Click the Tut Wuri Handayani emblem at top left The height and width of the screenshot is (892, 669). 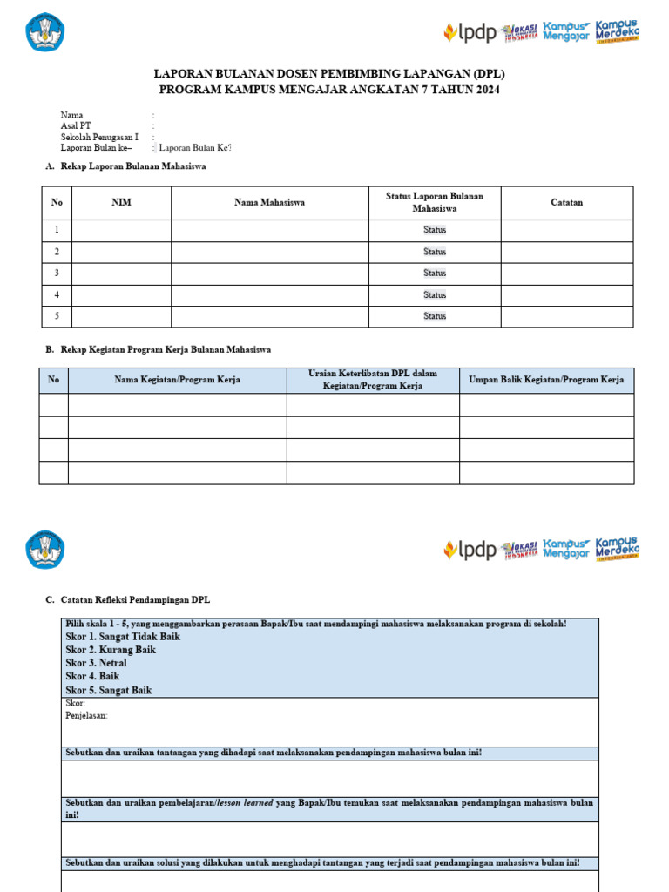point(45,32)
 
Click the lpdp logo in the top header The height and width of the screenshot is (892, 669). point(470,33)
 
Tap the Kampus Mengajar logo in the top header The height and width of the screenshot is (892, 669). point(566,32)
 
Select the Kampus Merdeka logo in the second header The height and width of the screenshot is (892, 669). point(617,549)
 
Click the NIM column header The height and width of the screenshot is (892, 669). point(121,203)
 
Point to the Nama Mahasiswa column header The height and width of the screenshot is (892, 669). point(269,203)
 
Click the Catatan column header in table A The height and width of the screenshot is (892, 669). point(566,203)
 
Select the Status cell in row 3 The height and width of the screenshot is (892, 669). point(434,274)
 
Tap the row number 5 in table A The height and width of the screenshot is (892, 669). point(57,316)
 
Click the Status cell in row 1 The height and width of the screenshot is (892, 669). point(434,231)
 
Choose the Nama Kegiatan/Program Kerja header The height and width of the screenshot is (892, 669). point(177,380)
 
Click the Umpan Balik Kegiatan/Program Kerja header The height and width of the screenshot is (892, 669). point(546,380)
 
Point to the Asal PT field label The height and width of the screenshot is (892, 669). point(75,126)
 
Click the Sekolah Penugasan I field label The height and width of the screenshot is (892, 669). point(99,138)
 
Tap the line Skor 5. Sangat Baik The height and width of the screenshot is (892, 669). point(109,690)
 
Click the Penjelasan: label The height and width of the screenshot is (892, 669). point(86,715)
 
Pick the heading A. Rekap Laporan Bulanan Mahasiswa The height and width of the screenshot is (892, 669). point(125,166)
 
